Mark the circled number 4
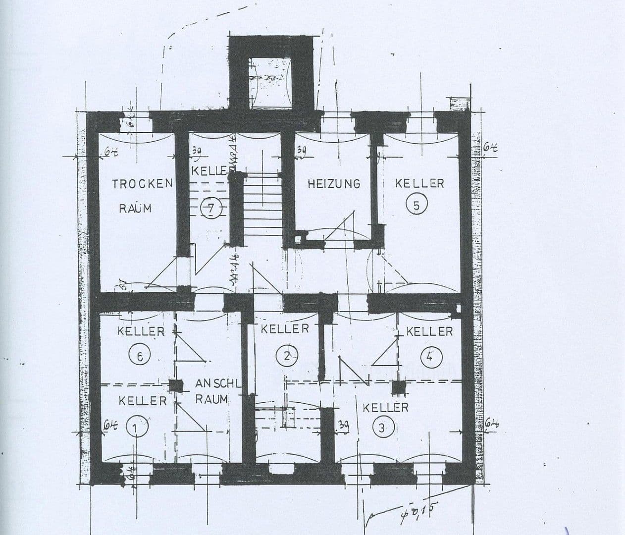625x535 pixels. (429, 356)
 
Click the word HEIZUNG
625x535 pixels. (334, 184)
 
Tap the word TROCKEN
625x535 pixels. (142, 184)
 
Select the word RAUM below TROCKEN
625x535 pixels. (135, 208)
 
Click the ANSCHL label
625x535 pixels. (218, 383)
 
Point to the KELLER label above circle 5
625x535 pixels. (419, 183)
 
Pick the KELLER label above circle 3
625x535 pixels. (386, 408)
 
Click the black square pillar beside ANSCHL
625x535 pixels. (175, 385)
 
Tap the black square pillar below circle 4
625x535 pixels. (399, 387)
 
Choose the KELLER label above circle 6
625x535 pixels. (141, 331)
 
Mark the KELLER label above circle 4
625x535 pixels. (429, 331)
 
